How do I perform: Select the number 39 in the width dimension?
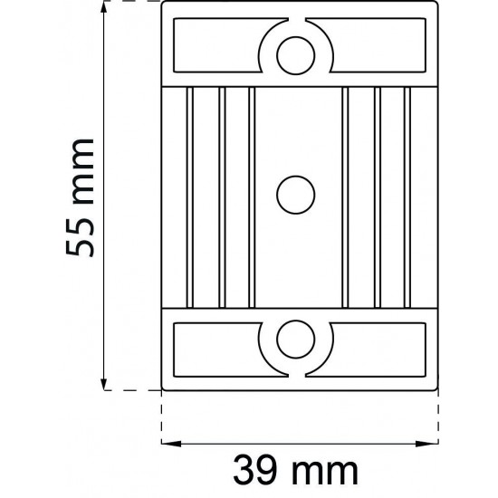(252, 470)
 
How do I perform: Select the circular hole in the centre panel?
(294, 194)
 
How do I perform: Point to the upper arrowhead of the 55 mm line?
(106, 10)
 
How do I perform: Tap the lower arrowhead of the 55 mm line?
(106, 384)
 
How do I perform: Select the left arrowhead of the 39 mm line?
(168, 445)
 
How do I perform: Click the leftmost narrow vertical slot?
(190, 194)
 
